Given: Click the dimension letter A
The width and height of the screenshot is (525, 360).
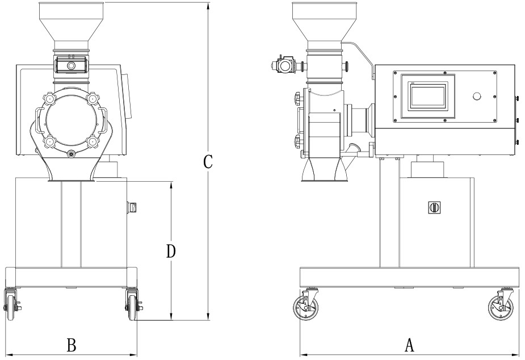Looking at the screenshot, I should click(x=408, y=345).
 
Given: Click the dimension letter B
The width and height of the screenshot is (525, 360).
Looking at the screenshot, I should click(x=72, y=345).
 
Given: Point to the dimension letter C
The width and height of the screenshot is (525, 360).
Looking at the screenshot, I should click(x=208, y=162).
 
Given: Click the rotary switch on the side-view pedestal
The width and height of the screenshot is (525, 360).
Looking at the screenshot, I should click(x=435, y=207).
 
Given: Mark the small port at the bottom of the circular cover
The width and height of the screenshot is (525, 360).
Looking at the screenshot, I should click(x=71, y=154).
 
